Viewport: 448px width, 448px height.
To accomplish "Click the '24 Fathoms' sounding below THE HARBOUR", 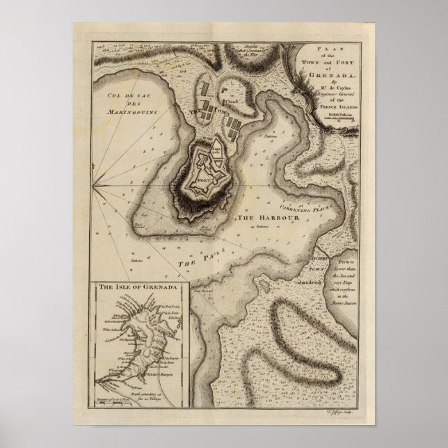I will (264, 227).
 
